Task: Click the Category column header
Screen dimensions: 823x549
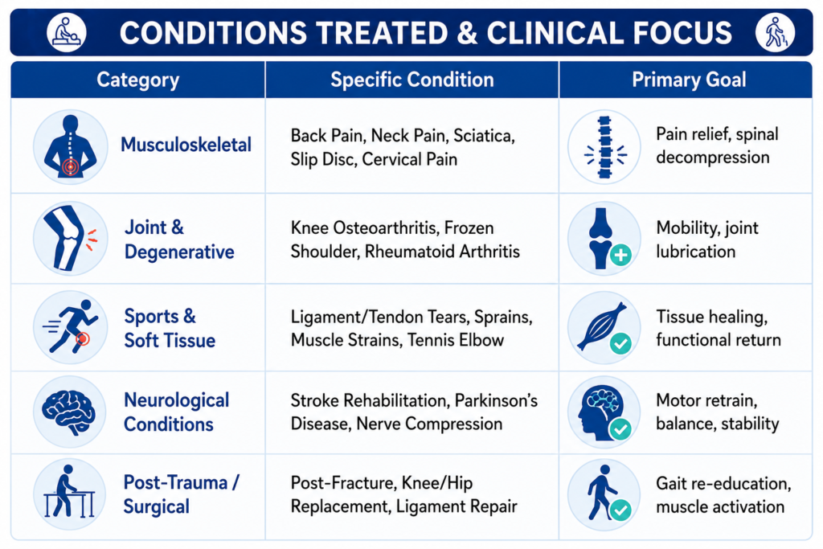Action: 138,80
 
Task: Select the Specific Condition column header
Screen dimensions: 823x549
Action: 412,80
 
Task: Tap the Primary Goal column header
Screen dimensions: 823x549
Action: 689,80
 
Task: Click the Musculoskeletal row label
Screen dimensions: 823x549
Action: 186,145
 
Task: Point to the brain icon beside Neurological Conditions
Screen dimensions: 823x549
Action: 69,412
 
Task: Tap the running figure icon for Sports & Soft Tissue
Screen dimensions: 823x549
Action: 71,327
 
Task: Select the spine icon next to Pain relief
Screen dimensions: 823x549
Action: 604,146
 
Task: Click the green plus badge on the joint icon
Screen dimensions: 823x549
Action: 621,256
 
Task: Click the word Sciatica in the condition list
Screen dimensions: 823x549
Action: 484,136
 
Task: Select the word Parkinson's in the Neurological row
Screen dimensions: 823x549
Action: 496,400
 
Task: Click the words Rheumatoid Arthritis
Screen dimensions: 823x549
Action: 442,252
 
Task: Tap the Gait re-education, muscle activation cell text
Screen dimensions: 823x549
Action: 723,495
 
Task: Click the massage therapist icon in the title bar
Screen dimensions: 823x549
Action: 67,32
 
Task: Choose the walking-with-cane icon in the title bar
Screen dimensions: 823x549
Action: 776,32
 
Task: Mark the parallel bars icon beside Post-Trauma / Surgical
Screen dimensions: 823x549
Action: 69,494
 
